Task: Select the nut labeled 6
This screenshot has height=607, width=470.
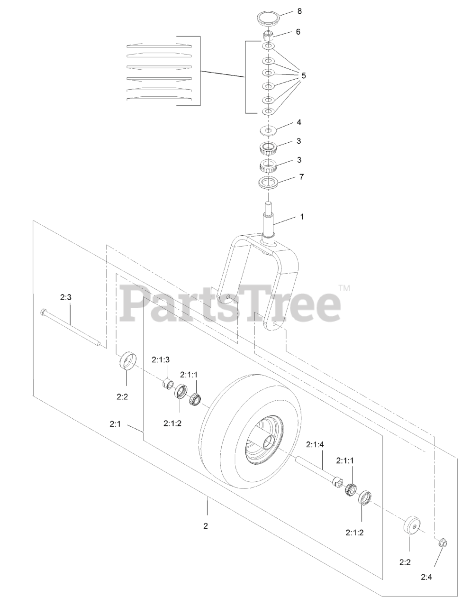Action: [269, 36]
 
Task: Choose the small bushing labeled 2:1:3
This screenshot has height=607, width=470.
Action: [167, 383]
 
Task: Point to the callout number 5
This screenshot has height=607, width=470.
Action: [304, 75]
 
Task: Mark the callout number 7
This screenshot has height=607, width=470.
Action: [301, 177]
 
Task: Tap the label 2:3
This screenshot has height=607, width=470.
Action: [66, 298]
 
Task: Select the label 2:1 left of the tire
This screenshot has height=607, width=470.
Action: [115, 424]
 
